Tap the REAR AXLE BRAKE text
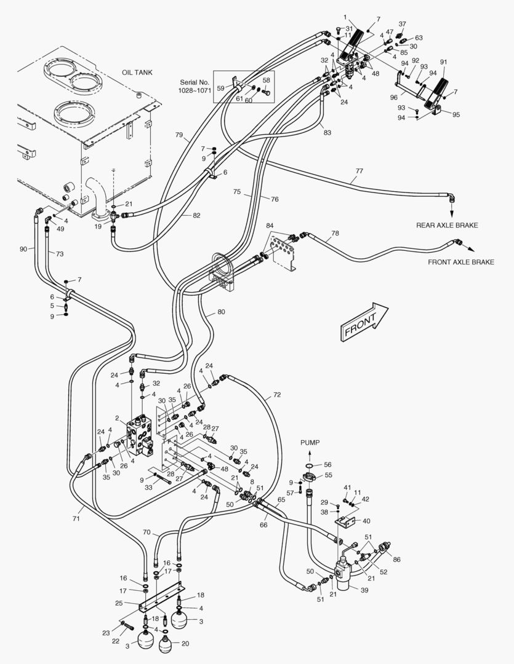pyautogui.click(x=447, y=225)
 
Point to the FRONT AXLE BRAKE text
pyautogui.click(x=461, y=262)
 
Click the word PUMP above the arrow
pyautogui.click(x=310, y=443)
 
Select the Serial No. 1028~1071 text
pyautogui.click(x=195, y=86)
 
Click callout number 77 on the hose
pyautogui.click(x=359, y=172)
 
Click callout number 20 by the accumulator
pyautogui.click(x=185, y=644)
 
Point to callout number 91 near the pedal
pyautogui.click(x=443, y=61)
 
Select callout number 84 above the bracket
pyautogui.click(x=270, y=226)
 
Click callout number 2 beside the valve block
pyautogui.click(x=117, y=418)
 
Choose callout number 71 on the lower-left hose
pyautogui.click(x=76, y=519)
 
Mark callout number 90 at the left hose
pyautogui.click(x=23, y=249)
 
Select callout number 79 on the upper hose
pyautogui.click(x=179, y=135)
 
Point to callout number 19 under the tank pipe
pyautogui.click(x=97, y=226)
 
